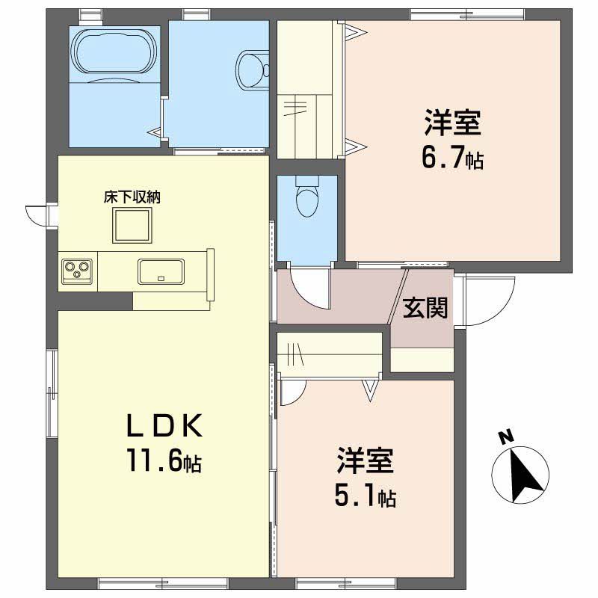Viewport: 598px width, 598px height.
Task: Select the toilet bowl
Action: coord(307,197)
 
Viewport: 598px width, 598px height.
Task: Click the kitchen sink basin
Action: coord(161,271)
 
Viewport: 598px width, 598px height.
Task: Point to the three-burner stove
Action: coord(77,271)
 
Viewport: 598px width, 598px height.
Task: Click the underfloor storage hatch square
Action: coord(132,226)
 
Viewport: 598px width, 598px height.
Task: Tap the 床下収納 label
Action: coord(132,197)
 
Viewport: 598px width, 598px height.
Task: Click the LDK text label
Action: coord(164,425)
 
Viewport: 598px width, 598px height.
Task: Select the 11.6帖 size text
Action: coord(164,460)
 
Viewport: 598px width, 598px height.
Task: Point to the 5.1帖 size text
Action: coord(366,495)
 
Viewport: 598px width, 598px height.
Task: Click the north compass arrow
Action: coord(525,477)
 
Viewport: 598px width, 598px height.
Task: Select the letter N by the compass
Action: coord(506,437)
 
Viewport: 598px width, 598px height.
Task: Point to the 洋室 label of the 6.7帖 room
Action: coord(453,123)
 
